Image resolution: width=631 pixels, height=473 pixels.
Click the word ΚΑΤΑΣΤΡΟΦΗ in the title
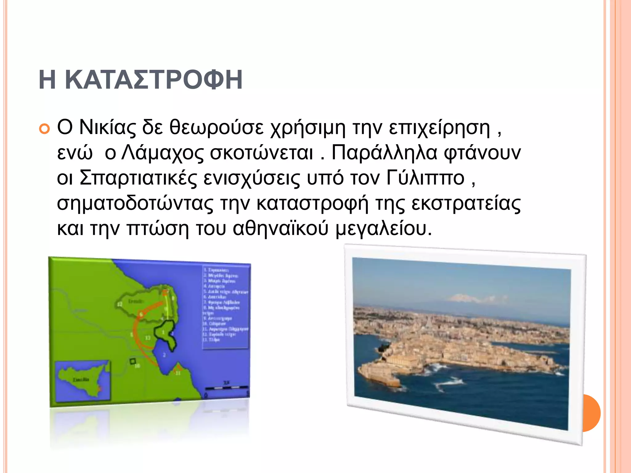pyautogui.click(x=153, y=80)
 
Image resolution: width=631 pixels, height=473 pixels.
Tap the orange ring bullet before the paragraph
pyautogui.click(x=44, y=129)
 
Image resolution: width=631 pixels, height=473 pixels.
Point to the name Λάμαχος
pyautogui.click(x=162, y=153)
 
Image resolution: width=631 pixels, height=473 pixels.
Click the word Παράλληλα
pyautogui.click(x=384, y=153)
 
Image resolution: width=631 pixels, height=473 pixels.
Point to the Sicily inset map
pyautogui.click(x=83, y=381)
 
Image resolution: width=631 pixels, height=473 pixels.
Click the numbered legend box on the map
pyautogui.click(x=226, y=306)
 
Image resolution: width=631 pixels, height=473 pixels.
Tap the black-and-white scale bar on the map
pyautogui.click(x=227, y=387)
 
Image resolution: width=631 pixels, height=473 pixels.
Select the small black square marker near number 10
pyautogui.click(x=133, y=361)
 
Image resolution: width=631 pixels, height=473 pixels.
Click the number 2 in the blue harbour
pyautogui.click(x=164, y=355)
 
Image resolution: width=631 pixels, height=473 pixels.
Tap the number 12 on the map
pyautogui.click(x=120, y=304)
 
